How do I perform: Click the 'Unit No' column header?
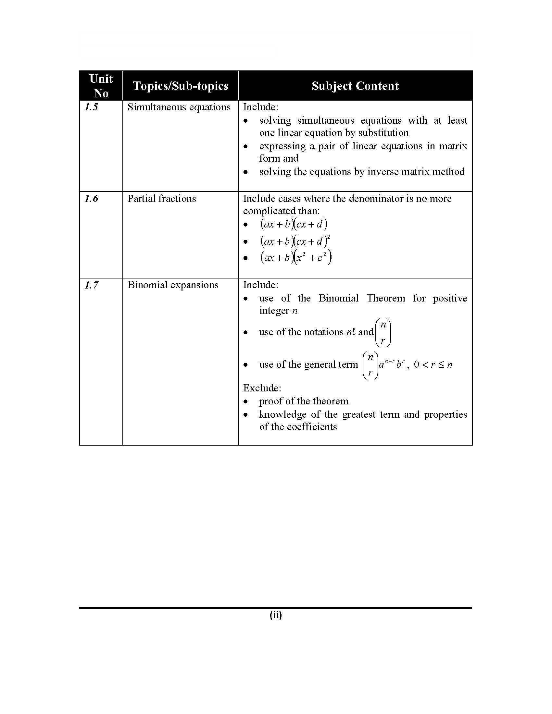pos(101,86)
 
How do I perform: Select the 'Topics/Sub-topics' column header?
pos(180,86)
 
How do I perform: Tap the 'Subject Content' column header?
pos(355,86)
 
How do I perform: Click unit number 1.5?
pos(91,107)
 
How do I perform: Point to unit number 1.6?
pos(91,199)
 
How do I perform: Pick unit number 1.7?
pos(91,285)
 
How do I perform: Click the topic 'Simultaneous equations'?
pos(179,107)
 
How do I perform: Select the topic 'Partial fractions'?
pos(162,199)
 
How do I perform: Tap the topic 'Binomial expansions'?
pos(173,285)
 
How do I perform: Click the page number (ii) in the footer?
pos(276,615)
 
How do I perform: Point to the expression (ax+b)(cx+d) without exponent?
pos(294,224)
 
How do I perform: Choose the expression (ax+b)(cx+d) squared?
pos(295,241)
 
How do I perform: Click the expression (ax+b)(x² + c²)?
pos(296,258)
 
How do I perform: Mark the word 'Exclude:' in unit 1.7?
pos(262,388)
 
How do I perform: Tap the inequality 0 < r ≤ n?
pos(433,364)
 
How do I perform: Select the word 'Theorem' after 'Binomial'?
pos(385,298)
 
